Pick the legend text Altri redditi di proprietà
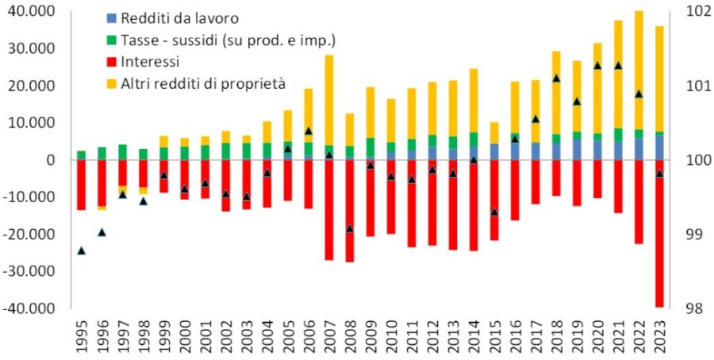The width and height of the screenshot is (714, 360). [203, 82]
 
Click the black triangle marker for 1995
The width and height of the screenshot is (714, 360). [81, 251]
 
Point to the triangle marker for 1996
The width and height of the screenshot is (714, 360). [102, 232]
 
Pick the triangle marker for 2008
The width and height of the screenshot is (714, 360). [349, 228]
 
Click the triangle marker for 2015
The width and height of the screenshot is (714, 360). [494, 212]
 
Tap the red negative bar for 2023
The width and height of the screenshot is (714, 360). [659, 238]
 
